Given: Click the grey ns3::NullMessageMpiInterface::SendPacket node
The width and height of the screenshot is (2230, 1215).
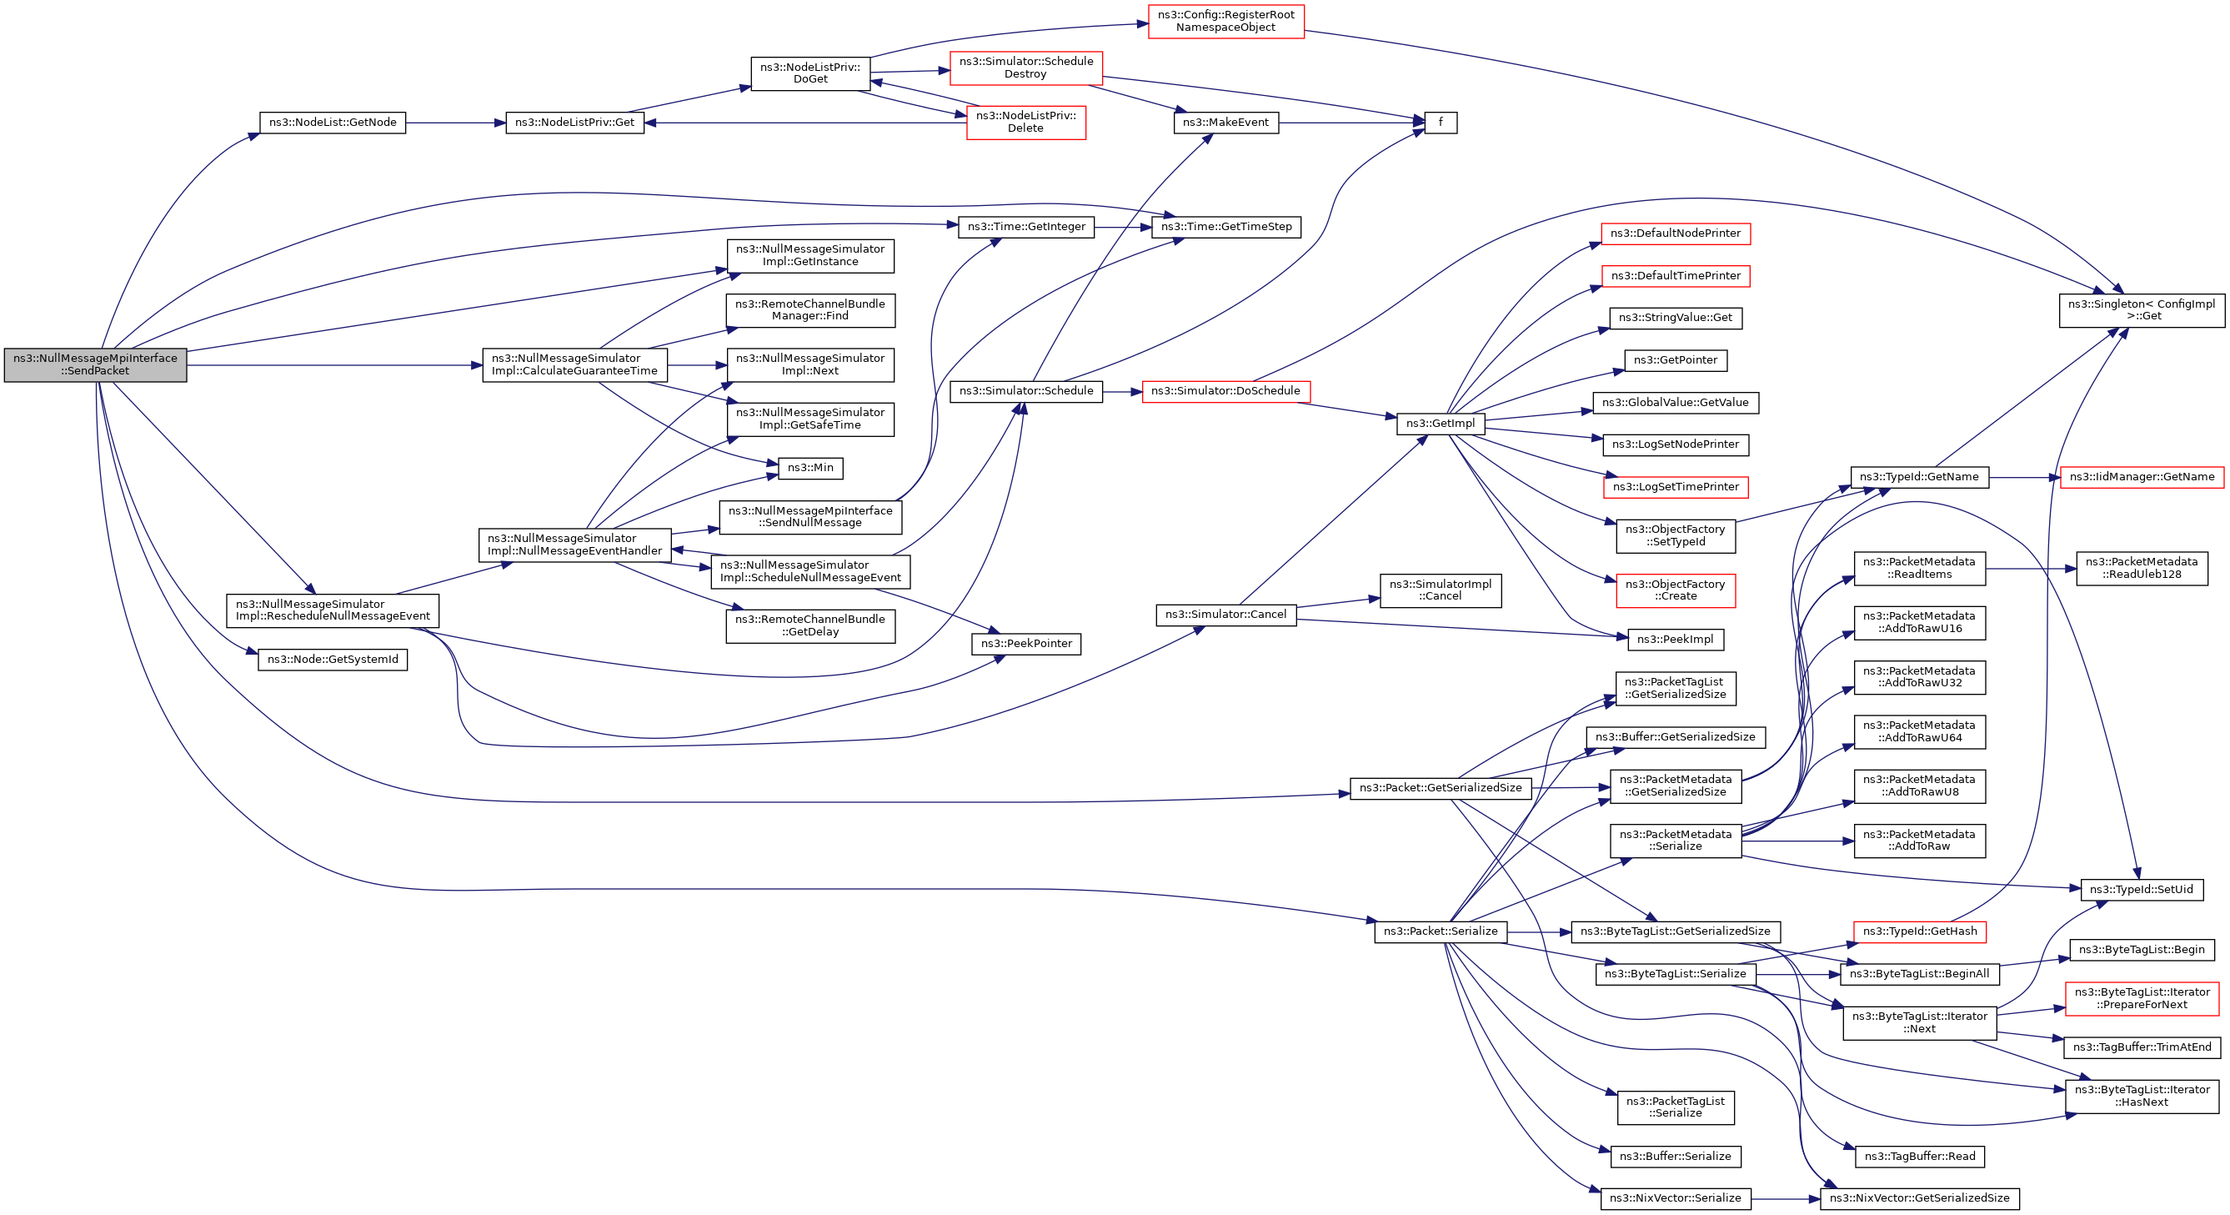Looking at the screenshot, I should [x=95, y=364].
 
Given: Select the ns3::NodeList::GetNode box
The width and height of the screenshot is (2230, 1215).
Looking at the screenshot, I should [x=333, y=123].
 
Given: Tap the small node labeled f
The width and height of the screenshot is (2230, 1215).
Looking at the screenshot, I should [x=1441, y=123].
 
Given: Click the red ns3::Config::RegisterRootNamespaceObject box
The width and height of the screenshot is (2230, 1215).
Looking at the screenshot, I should [x=1225, y=22].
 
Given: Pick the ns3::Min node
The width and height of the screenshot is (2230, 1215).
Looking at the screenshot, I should [x=810, y=469].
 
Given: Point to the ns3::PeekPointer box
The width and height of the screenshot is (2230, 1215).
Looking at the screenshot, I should [x=1026, y=645].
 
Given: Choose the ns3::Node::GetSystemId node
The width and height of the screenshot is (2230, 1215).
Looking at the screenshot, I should [x=333, y=660].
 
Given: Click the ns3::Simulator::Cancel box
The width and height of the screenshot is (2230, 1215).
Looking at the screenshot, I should [x=1225, y=615].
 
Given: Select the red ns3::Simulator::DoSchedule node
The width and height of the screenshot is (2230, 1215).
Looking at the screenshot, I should [x=1225, y=391].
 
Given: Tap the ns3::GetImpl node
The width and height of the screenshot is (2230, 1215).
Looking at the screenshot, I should [x=1441, y=424].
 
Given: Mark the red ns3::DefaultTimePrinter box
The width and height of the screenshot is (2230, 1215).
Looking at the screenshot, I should [x=1676, y=276].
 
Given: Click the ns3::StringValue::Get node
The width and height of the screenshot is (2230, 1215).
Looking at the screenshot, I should [x=1676, y=318].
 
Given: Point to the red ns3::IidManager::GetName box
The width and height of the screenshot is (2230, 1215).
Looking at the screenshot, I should [x=2142, y=477].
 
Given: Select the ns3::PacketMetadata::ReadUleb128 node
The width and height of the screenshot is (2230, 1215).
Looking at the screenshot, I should [x=2142, y=568].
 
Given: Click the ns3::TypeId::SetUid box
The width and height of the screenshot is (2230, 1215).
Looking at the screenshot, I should [x=2142, y=890].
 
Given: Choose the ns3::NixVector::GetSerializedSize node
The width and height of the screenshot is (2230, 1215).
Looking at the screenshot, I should [x=1919, y=1198].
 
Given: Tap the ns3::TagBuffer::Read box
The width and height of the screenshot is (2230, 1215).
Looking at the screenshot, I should [x=1919, y=1157].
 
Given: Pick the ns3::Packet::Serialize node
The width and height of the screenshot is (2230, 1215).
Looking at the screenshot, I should [x=1441, y=931].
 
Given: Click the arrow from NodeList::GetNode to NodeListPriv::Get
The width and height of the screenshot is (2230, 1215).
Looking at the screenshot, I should [x=455, y=123].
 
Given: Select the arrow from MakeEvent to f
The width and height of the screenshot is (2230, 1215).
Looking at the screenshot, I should [x=1351, y=123].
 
